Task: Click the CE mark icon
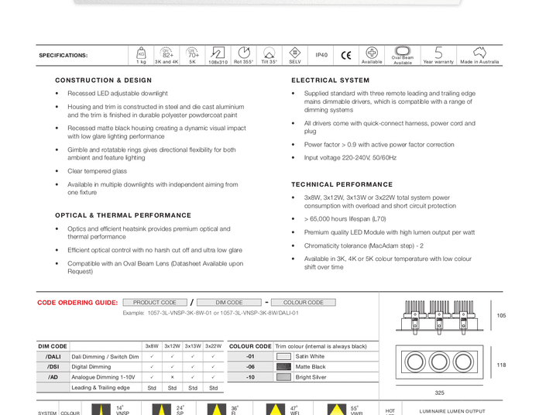pyautogui.click(x=345, y=56)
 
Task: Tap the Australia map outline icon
pyautogui.click(x=479, y=53)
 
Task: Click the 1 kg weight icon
pyautogui.click(x=141, y=53)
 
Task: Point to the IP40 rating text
pyautogui.click(x=321, y=56)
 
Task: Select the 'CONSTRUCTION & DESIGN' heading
pyautogui.click(x=103, y=81)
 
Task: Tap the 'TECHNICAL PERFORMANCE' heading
pyautogui.click(x=342, y=185)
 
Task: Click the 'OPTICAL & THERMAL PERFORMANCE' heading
pyautogui.click(x=123, y=216)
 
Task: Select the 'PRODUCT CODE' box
pyautogui.click(x=155, y=303)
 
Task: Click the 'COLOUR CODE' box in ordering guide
pyautogui.click(x=304, y=303)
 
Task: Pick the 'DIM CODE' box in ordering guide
pyautogui.click(x=229, y=303)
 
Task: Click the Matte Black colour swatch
pyautogui.click(x=283, y=367)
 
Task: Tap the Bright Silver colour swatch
pyautogui.click(x=283, y=377)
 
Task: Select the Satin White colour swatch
pyautogui.click(x=283, y=357)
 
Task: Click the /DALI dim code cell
pyautogui.click(x=53, y=357)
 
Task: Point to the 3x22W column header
pyautogui.click(x=213, y=346)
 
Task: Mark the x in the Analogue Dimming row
pyautogui.click(x=172, y=377)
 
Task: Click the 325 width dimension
pyautogui.click(x=439, y=393)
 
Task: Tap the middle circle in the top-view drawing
pyautogui.click(x=439, y=362)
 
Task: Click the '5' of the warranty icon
pyautogui.click(x=438, y=53)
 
